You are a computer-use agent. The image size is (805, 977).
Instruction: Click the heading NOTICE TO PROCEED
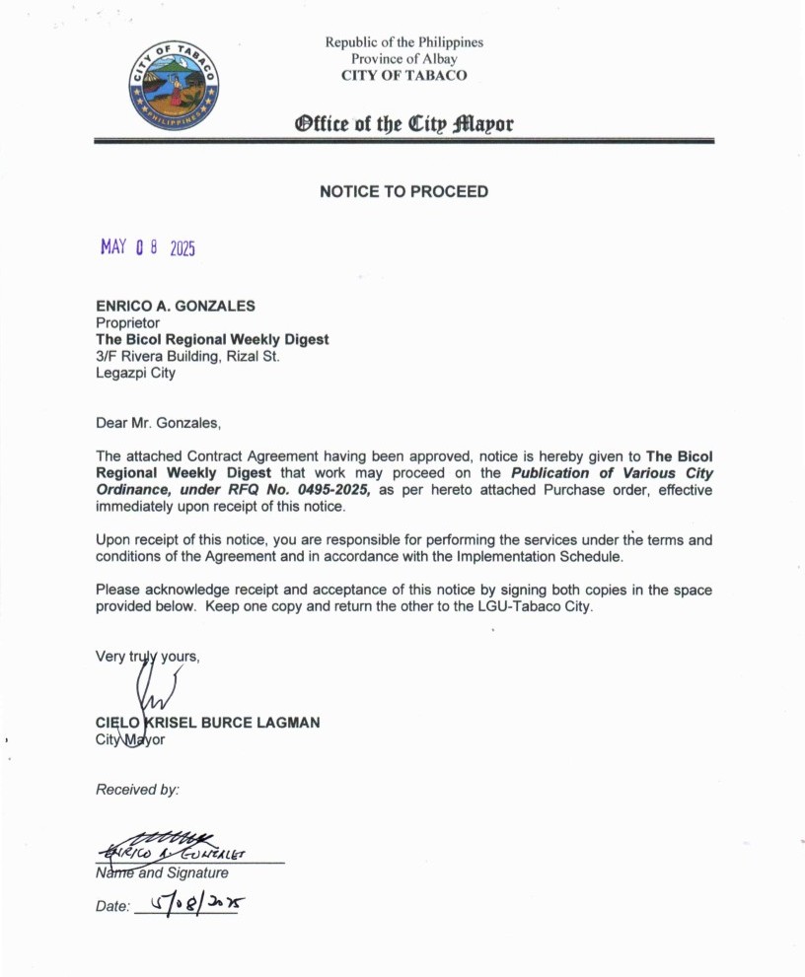[x=403, y=191]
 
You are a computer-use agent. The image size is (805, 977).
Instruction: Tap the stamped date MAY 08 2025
[x=148, y=247]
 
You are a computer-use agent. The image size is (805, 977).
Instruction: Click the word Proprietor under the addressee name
[x=127, y=322]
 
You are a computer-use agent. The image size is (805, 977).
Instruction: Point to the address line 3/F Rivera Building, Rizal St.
[x=187, y=356]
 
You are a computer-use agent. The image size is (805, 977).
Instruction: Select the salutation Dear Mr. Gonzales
[x=159, y=424]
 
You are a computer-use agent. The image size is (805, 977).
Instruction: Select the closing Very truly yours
[x=147, y=656]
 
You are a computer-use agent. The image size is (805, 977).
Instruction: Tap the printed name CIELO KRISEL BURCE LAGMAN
[x=207, y=723]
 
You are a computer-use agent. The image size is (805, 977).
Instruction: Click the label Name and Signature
[x=162, y=872]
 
